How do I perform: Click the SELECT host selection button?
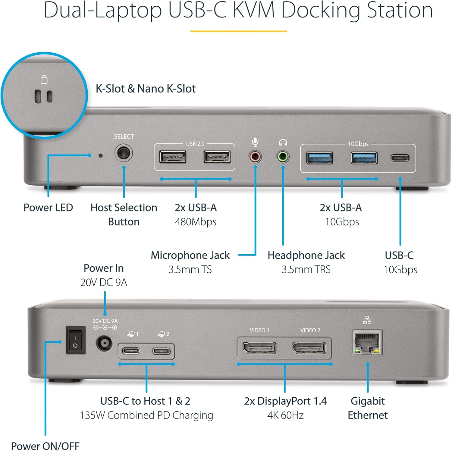(124, 153)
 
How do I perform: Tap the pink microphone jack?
(255, 157)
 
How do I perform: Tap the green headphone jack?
(283, 157)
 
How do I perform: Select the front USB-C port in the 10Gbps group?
(400, 158)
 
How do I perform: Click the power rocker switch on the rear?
(75, 340)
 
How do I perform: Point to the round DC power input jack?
(104, 343)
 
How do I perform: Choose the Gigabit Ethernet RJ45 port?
(367, 343)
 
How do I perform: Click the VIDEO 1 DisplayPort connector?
(259, 348)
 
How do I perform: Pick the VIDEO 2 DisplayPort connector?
(309, 348)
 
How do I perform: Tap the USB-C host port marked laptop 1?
(131, 351)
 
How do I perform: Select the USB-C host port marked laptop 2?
(162, 351)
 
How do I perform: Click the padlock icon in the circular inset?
(44, 80)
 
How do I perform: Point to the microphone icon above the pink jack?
(255, 142)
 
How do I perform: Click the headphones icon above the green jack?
(283, 142)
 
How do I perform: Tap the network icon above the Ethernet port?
(367, 320)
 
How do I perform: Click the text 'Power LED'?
(48, 208)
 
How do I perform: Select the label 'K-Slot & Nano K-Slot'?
(146, 89)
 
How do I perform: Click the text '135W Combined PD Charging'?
(146, 415)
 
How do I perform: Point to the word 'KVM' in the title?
(254, 10)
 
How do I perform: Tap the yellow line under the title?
(238, 31)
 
